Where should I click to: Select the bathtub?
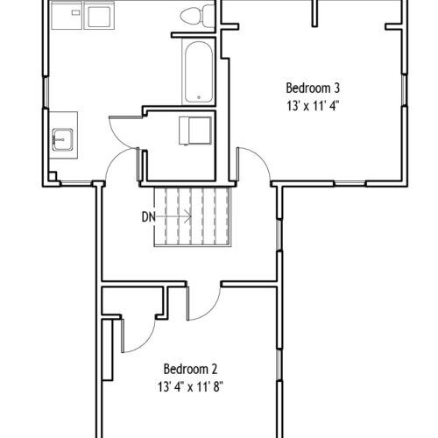pos(199,72)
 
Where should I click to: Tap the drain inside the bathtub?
pos(199,97)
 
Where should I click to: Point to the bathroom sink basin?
pos(62,139)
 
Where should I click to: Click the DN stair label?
pos(148,217)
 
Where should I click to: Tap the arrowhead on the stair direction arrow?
pos(187,216)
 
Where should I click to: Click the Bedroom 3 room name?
pos(313,88)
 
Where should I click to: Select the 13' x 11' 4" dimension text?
pos(313,106)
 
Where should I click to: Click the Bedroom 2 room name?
pos(190,369)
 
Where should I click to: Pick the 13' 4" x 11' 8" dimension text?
pos(190,387)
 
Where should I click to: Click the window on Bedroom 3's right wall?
pos(404,90)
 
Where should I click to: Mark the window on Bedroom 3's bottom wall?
pos(350,184)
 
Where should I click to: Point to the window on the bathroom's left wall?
pos(46,92)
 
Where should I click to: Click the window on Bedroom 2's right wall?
pos(279,365)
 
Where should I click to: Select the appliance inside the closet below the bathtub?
pos(195,131)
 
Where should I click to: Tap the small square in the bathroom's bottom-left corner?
pos(53,176)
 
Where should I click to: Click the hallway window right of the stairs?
pos(279,235)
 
